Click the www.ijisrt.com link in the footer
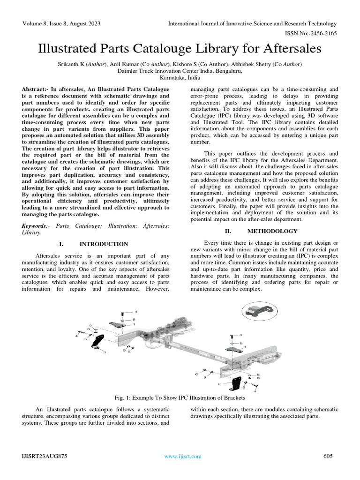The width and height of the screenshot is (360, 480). click(182, 456)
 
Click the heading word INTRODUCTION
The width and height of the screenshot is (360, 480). click(104, 244)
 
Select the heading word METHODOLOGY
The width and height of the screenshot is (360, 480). click(272, 231)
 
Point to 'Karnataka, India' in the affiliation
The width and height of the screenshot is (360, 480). click(180, 78)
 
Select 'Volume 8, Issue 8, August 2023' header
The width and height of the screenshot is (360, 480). click(60, 23)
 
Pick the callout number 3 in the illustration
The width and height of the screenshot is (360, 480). click(104, 352)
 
